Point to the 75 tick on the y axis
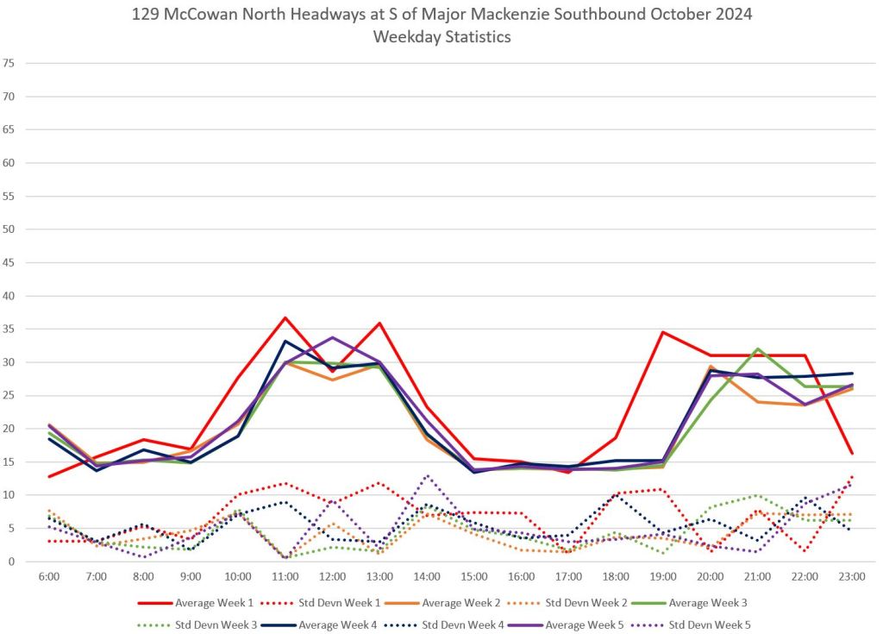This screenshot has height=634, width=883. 9,63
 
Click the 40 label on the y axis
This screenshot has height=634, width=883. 9,296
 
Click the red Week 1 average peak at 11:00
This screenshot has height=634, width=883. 285,317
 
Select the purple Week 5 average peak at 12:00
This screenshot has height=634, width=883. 333,337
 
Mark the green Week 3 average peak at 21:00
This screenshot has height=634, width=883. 757,349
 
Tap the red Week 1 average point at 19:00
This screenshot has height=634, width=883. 662,332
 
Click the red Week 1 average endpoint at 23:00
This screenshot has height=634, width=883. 851,453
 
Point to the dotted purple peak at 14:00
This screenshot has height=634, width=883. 427,475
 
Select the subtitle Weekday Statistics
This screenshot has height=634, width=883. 441,37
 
